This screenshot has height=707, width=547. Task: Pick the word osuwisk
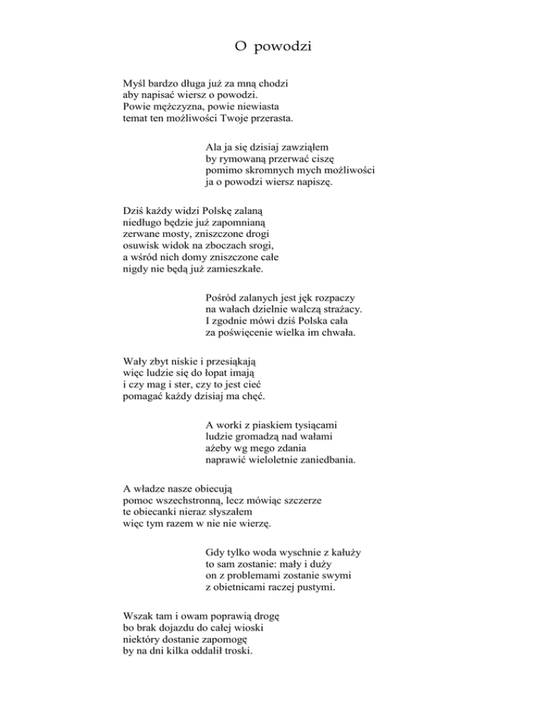[141, 246]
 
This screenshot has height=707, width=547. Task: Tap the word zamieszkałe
[236, 269]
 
